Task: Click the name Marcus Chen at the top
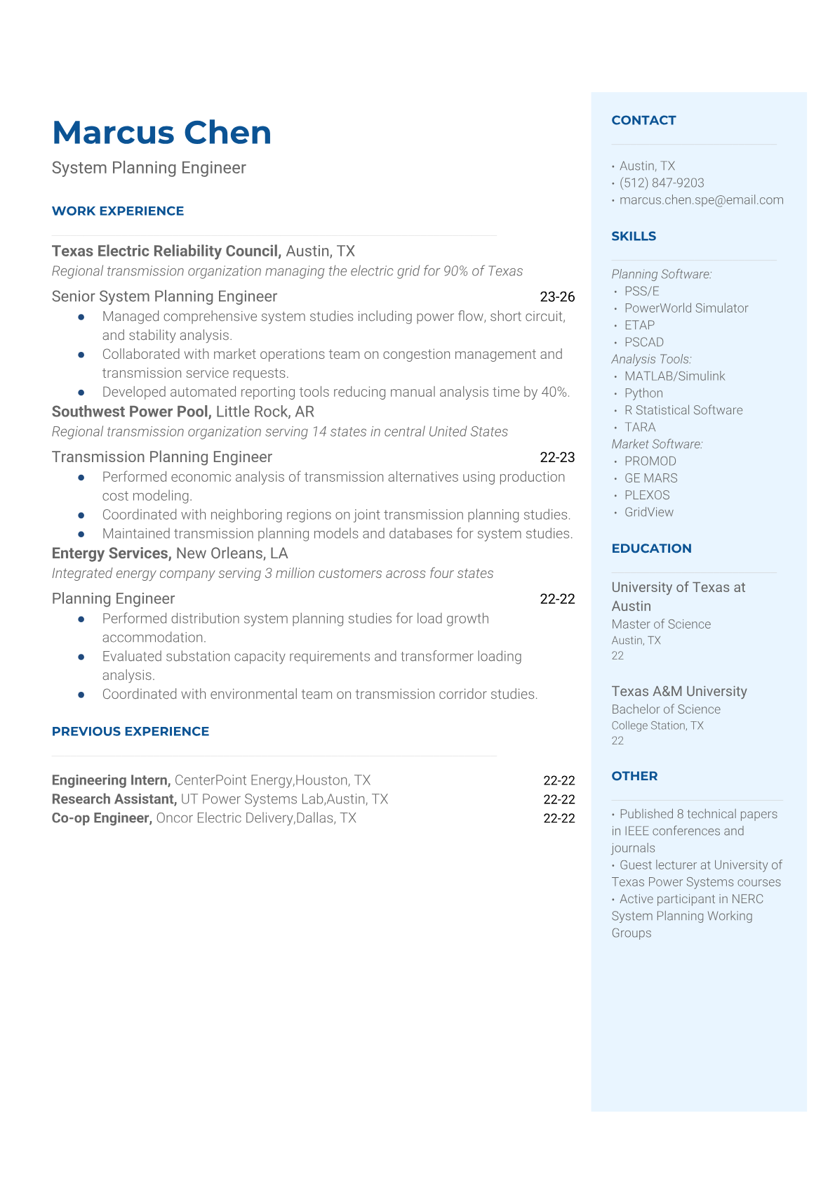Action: (x=161, y=133)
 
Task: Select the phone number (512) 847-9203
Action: (x=662, y=183)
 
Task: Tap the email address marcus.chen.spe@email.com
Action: (x=701, y=199)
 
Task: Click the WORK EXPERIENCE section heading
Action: (x=118, y=211)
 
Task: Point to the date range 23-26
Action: (x=557, y=296)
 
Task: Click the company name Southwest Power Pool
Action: (x=131, y=412)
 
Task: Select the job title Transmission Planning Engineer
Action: (x=162, y=457)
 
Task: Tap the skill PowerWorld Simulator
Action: (x=686, y=308)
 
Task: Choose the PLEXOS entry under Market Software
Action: (x=647, y=495)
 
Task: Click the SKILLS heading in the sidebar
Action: (x=634, y=236)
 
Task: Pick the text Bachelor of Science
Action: (x=666, y=709)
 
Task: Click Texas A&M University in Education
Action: (x=679, y=691)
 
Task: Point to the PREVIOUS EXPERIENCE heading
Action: (x=131, y=731)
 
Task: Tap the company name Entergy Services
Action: (x=111, y=553)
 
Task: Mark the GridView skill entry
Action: (x=649, y=512)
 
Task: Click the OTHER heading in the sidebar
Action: (x=634, y=776)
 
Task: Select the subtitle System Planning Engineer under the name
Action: (x=149, y=168)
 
